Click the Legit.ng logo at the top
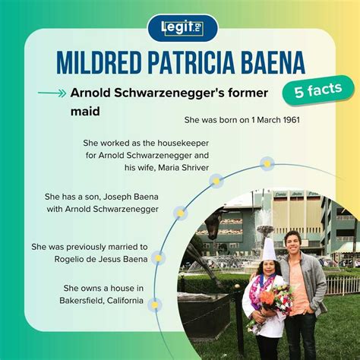[182, 28]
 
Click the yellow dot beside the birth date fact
[267, 163]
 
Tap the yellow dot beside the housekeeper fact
[216, 181]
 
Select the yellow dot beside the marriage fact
[158, 258]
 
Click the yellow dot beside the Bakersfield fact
[154, 305]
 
